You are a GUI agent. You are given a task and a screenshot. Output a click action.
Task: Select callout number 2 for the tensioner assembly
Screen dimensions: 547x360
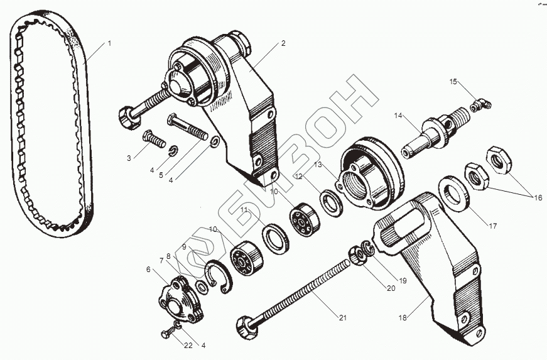pyautogui.click(x=283, y=43)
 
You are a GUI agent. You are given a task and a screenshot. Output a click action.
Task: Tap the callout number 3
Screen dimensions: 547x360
pyautogui.click(x=129, y=158)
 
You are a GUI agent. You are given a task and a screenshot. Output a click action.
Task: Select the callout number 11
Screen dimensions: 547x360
pyautogui.click(x=243, y=209)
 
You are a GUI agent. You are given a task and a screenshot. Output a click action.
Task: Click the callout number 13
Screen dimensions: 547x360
pyautogui.click(x=318, y=164)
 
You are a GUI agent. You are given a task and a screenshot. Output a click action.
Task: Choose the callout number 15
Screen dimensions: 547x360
pyautogui.click(x=453, y=82)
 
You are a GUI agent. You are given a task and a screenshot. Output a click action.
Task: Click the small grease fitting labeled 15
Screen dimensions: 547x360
pyautogui.click(x=480, y=106)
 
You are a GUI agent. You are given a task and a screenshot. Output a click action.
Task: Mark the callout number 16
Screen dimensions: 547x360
pyautogui.click(x=538, y=198)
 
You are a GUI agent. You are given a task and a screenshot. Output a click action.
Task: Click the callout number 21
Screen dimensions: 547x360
pyautogui.click(x=342, y=318)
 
